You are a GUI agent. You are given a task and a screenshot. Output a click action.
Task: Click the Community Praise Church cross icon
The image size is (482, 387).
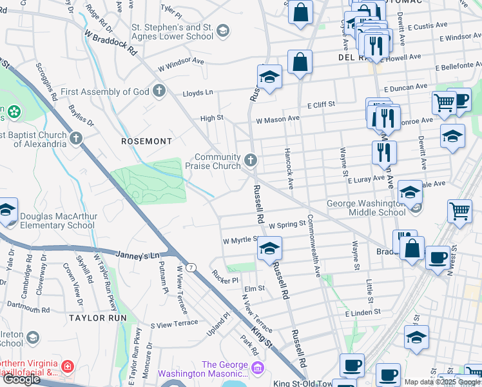click(251, 159)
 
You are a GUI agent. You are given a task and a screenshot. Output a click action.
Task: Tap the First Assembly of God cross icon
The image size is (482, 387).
click(159, 91)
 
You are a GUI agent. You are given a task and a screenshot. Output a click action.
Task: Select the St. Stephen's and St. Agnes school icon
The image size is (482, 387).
click(222, 30)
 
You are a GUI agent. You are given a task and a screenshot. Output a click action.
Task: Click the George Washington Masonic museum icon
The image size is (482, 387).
click(258, 368)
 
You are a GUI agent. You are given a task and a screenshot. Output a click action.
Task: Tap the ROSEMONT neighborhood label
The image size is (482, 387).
click(147, 141)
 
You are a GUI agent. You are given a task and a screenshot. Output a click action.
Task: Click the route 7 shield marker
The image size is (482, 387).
click(191, 266)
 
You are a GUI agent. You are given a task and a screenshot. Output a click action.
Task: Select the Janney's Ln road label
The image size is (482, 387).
click(137, 255)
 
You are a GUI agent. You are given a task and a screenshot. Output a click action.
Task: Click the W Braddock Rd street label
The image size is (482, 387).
click(110, 41)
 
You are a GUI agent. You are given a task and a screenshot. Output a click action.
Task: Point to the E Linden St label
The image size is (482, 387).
click(363, 313)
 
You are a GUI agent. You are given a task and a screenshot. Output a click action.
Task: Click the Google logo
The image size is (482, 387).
click(21, 379)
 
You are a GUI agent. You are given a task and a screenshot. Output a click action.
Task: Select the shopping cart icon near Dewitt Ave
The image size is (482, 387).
click(444, 102)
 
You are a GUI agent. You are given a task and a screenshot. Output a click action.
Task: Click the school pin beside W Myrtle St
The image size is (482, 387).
click(270, 247)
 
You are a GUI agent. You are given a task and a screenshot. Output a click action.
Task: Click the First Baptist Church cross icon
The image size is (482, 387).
click(76, 138)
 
